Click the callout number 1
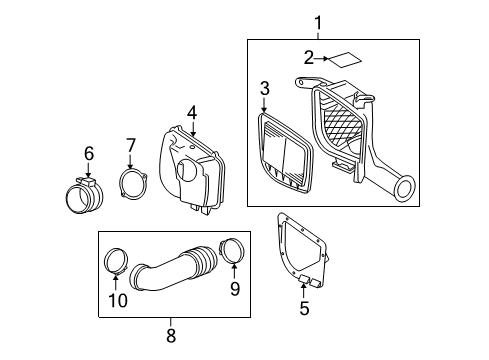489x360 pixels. coord(319,21)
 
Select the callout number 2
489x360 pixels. coord(309,56)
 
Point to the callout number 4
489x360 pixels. coord(192,113)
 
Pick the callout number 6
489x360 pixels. coord(88,153)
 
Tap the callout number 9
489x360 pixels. coord(234,290)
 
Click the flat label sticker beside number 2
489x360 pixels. coord(345,58)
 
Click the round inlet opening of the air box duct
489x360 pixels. coord(405,187)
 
